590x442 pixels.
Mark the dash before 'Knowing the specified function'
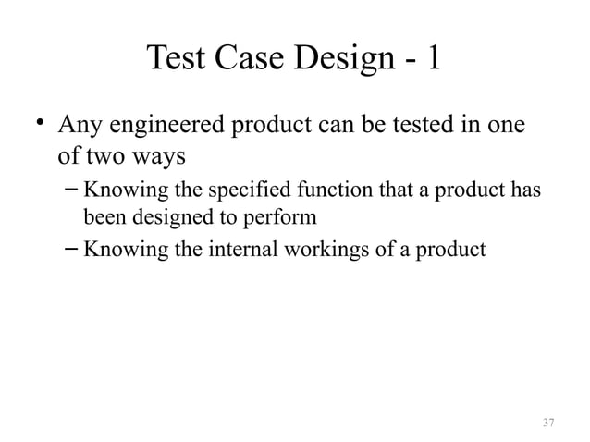click(x=70, y=191)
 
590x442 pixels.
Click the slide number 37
click(x=548, y=423)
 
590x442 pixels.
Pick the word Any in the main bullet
click(x=78, y=125)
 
